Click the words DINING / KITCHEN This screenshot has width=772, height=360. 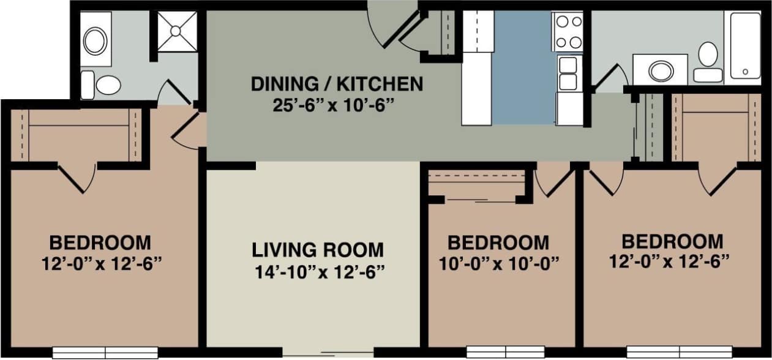[x=337, y=84]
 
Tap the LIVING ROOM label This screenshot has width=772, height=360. [x=318, y=250]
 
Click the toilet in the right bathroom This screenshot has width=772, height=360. [x=708, y=62]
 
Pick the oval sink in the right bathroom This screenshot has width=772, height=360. [x=661, y=70]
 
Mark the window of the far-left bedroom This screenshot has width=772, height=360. [x=105, y=353]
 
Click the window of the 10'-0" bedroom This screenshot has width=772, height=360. [x=505, y=352]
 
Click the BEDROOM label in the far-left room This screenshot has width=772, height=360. [x=100, y=242]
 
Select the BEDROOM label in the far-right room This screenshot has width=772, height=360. [x=672, y=240]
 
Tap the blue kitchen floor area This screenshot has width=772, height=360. [x=523, y=67]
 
